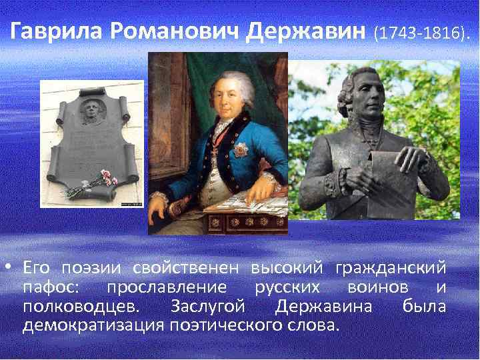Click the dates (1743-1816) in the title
[421, 33]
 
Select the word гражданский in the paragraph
[401, 269]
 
